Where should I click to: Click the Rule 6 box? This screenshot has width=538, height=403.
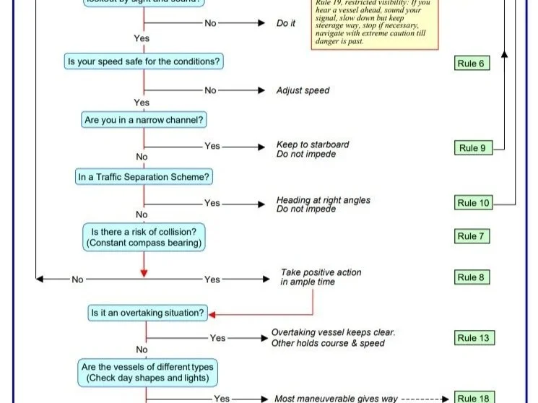(x=472, y=64)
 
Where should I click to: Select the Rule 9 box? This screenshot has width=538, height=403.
(x=472, y=148)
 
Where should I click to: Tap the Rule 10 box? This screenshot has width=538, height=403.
(x=474, y=203)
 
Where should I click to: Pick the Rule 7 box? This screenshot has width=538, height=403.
(x=472, y=236)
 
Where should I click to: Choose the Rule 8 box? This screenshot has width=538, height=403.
(x=472, y=277)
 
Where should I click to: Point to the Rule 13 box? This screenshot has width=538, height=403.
(x=474, y=338)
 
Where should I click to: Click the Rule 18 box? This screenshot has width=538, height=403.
(x=474, y=398)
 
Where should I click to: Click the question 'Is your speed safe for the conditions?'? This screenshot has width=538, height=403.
(x=144, y=62)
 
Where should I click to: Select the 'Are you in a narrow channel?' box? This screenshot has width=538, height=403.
(x=144, y=120)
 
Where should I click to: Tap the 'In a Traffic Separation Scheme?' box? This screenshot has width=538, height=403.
(x=144, y=176)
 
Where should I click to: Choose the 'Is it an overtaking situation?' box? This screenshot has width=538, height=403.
(x=147, y=313)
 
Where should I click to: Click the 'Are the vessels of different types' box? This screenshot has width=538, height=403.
(x=147, y=373)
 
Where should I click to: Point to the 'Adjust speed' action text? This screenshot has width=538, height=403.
(x=303, y=91)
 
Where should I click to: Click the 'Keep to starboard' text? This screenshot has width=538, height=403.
(x=313, y=144)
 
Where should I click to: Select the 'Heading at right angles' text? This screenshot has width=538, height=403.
(x=323, y=200)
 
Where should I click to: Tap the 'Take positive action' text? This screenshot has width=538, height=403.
(x=321, y=273)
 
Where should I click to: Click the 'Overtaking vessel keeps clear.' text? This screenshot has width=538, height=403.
(x=333, y=333)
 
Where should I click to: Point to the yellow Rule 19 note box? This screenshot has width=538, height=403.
(x=375, y=23)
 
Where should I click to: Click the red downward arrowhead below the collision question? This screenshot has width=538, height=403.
(x=144, y=272)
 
